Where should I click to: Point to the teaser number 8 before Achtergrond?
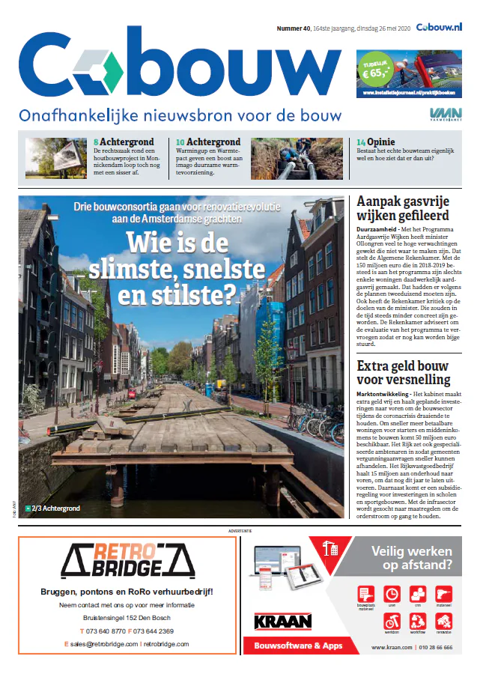[96, 142]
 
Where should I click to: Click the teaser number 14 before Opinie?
[361, 142]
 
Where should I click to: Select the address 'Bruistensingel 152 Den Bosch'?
[127, 618]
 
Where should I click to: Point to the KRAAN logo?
[283, 621]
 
